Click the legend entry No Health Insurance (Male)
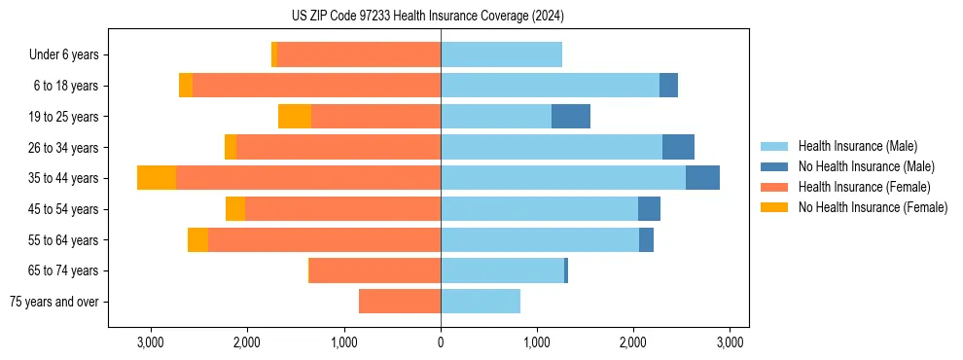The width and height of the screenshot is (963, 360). [866, 166]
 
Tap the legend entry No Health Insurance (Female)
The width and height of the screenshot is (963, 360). [872, 207]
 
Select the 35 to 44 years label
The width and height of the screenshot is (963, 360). [64, 178]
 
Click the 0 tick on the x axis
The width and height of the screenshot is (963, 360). [441, 342]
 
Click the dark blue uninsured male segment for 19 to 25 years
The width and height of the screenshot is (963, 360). [571, 117]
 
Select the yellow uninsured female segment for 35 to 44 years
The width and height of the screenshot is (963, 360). [157, 178]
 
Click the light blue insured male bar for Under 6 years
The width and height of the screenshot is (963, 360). [501, 55]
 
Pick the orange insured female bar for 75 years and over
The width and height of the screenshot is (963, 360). [400, 302]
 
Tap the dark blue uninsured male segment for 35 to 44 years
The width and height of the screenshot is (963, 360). [702, 178]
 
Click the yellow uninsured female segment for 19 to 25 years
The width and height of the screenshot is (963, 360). [295, 117]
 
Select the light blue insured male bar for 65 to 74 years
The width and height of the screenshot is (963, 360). [502, 270]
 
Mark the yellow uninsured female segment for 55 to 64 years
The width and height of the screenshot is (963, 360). [197, 239]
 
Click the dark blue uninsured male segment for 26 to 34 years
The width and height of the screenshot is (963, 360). [678, 147]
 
